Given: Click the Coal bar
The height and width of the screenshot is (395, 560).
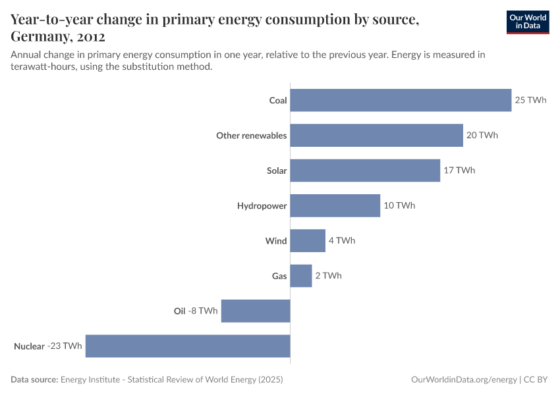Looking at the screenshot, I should [401, 101].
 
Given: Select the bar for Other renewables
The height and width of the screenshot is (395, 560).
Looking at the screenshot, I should [376, 136].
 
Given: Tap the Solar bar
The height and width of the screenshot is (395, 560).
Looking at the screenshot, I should [365, 171].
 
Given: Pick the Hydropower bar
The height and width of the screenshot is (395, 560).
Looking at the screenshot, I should [335, 205].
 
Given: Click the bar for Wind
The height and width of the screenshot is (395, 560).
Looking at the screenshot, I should [308, 241].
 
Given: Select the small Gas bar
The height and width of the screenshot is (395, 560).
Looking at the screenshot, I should [301, 276].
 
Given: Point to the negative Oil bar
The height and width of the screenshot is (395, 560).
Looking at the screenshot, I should [256, 311].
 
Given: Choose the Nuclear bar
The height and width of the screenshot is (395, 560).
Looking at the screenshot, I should [188, 346].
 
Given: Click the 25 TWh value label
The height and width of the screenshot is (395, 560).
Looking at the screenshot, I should [531, 101].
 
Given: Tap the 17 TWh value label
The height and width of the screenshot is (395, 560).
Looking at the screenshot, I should [459, 171].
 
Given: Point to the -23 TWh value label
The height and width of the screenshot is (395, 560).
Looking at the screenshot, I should [65, 346].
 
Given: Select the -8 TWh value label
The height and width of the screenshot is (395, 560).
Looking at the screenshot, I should [203, 311].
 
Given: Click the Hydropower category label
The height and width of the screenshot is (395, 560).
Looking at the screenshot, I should [262, 206].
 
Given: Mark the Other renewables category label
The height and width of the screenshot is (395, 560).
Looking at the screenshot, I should [251, 136].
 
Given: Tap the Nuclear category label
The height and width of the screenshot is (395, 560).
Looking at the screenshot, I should [29, 346].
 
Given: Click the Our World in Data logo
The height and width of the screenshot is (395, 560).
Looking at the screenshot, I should [528, 22].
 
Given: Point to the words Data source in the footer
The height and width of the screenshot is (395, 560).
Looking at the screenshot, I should [34, 380].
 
